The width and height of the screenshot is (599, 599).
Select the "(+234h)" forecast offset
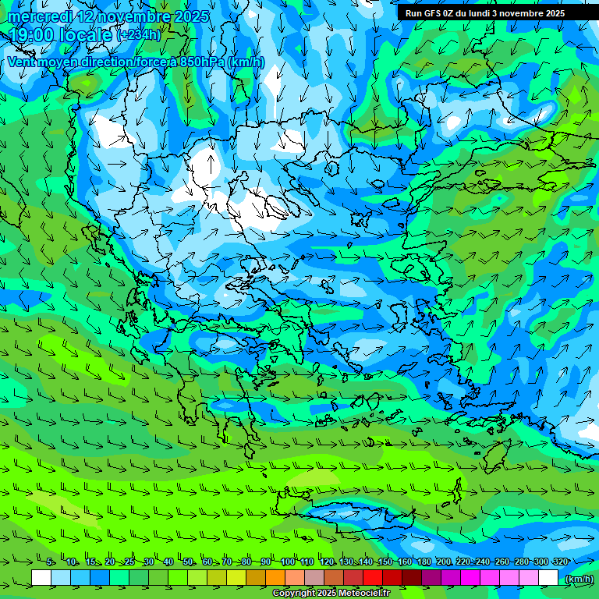click(x=138, y=35)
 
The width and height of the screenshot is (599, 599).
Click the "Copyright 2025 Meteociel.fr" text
click(x=331, y=594)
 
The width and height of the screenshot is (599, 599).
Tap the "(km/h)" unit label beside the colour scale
click(x=579, y=578)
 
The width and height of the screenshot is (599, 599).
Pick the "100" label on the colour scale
click(x=287, y=562)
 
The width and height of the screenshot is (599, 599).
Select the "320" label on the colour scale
click(x=560, y=562)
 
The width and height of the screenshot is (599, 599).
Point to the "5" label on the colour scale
click(x=50, y=562)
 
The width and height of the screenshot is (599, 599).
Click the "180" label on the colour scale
click(x=424, y=562)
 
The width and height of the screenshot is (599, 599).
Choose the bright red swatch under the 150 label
click(x=373, y=578)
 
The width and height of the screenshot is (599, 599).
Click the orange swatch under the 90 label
click(x=275, y=578)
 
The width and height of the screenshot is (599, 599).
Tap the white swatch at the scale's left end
click(x=41, y=578)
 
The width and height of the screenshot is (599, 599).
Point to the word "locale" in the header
click(x=89, y=35)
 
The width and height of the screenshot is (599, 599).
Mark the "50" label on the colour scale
click(x=188, y=562)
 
